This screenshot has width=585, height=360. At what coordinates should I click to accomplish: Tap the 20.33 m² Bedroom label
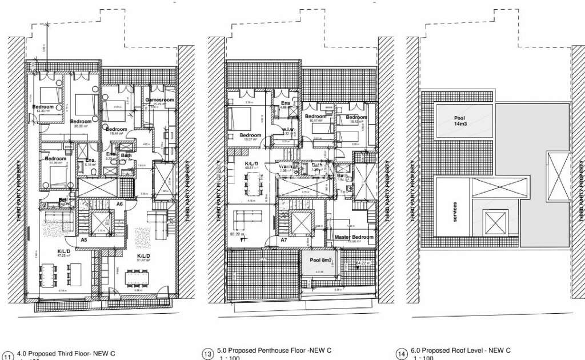[81, 122]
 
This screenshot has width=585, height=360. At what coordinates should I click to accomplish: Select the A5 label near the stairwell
[83, 240]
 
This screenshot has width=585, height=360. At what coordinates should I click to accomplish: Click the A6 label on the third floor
[120, 204]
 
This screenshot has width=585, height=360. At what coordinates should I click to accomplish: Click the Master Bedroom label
[354, 237]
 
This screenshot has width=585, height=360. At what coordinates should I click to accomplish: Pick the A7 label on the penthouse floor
[283, 241]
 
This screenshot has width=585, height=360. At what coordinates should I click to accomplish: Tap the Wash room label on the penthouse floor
[286, 167]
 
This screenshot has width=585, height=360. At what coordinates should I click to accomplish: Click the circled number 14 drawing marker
[401, 355]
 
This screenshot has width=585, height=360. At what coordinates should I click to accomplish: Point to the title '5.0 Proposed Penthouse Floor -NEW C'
[274, 350]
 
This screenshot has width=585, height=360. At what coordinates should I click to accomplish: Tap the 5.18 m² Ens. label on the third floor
[90, 161]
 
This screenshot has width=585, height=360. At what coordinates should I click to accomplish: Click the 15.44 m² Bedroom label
[116, 130]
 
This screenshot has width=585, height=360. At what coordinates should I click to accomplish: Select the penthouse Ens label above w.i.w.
[286, 103]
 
